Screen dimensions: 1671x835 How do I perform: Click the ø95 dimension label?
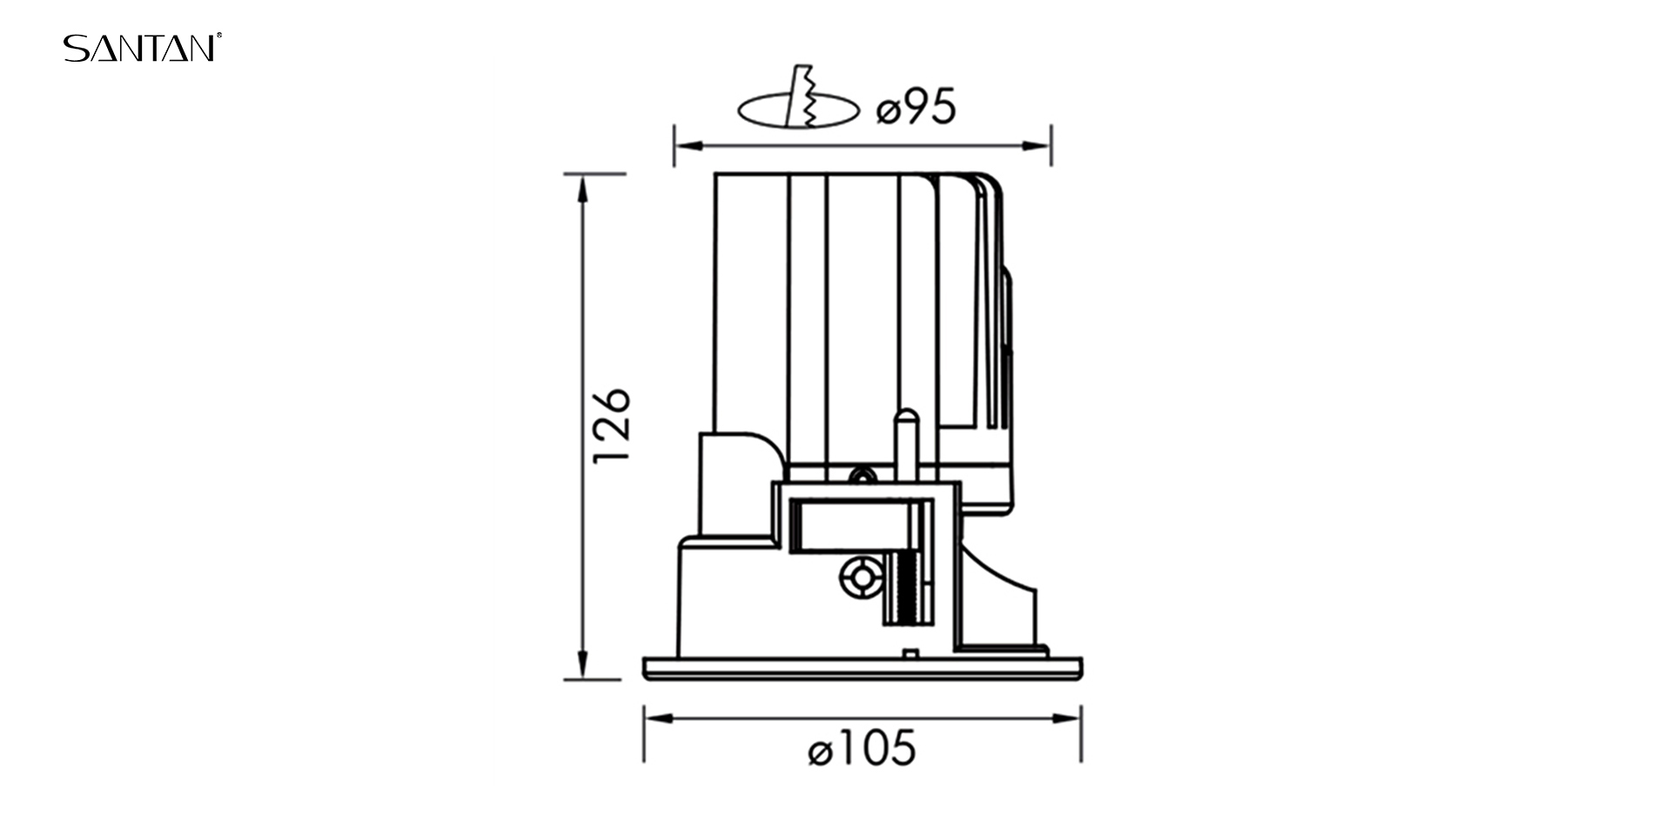[916, 107]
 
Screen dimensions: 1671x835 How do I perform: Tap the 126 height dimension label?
[611, 426]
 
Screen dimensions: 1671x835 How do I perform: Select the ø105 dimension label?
[862, 748]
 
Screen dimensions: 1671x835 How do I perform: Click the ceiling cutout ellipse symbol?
[799, 110]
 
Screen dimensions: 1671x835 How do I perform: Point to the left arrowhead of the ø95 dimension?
[688, 145]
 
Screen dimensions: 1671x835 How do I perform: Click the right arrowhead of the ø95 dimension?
[1037, 145]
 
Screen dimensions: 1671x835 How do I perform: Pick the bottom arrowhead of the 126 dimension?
[582, 665]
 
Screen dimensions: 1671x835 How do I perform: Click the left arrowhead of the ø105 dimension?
[659, 719]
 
